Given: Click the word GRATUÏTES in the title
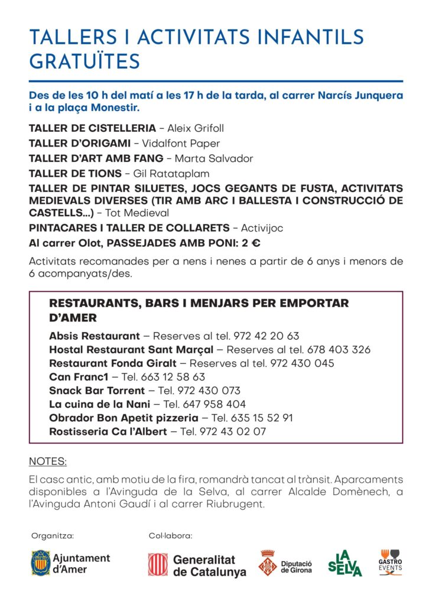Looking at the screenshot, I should click(85, 61).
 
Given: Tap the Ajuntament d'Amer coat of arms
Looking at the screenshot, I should click(41, 562).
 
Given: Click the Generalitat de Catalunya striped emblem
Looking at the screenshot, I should click(158, 564).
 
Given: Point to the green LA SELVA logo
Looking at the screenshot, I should click(345, 563).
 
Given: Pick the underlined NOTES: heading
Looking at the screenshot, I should click(47, 461).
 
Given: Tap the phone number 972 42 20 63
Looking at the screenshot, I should click(267, 336).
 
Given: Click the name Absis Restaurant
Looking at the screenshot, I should click(95, 336).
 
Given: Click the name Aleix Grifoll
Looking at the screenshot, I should click(196, 128).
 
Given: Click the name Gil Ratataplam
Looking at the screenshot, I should click(176, 174).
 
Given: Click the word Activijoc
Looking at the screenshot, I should click(264, 228).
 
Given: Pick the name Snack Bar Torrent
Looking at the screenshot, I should click(97, 391).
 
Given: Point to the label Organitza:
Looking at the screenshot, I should click(53, 536).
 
